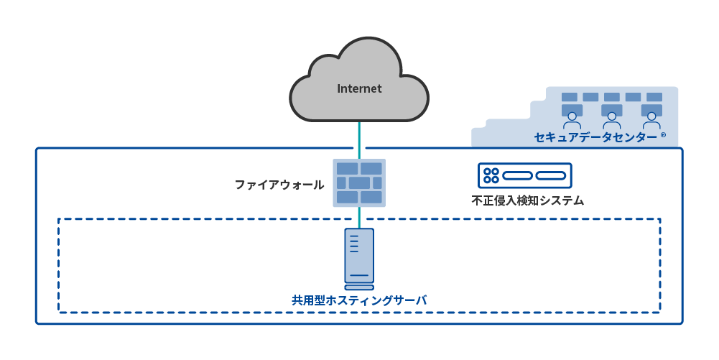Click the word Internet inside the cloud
359,89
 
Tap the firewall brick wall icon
359,183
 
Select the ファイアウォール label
279,185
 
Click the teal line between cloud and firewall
358,140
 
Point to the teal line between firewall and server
358,218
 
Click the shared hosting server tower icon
359,256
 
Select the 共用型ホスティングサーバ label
359,300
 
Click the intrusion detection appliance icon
525,176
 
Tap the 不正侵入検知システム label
527,200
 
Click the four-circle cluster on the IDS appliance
491,176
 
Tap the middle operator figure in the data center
611,117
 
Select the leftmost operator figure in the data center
572,117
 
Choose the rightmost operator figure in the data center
651,117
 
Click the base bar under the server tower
359,289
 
